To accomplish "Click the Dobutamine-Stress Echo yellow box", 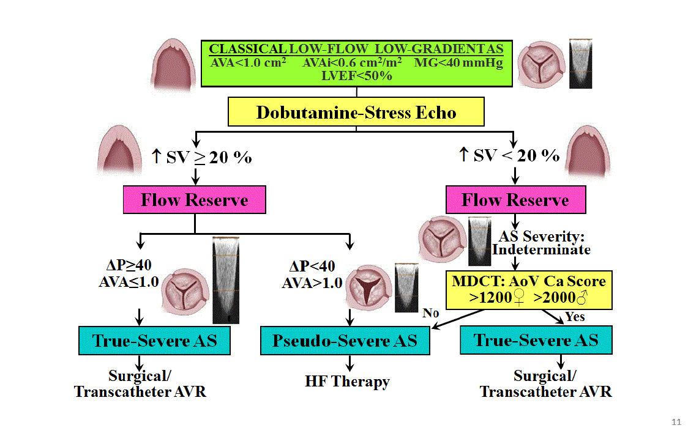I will click(x=356, y=113).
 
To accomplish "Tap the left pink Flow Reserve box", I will click(x=195, y=201).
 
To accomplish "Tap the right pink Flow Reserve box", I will click(x=515, y=201).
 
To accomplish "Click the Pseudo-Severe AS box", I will click(x=345, y=341).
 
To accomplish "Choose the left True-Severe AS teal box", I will click(x=155, y=341).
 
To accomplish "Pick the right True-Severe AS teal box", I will click(x=536, y=341).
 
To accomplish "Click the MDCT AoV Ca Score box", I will click(x=529, y=290).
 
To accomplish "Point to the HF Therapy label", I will click(x=347, y=382).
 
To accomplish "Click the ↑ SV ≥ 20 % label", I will click(x=201, y=157).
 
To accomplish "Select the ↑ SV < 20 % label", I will click(x=509, y=155).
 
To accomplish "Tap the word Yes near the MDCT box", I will click(x=575, y=317).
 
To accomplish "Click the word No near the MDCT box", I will click(x=430, y=313).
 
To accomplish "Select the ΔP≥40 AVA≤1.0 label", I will click(x=129, y=273).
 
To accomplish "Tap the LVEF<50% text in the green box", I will click(x=356, y=76).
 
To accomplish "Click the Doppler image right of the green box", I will click(x=580, y=64).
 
